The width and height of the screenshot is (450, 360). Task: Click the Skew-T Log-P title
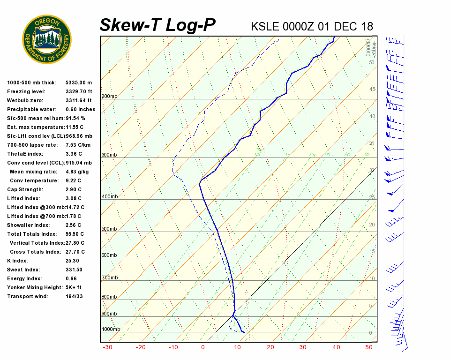157,25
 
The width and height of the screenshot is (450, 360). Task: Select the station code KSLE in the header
265,26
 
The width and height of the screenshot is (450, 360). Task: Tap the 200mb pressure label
110,97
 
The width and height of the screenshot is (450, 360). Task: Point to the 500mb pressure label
110,229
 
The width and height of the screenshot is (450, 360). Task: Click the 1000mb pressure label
111,330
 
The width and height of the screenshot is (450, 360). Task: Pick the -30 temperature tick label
107,347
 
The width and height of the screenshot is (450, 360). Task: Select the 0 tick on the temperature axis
203,347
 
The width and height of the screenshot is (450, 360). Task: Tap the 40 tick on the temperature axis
336,347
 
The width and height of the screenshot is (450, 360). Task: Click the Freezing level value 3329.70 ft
79,92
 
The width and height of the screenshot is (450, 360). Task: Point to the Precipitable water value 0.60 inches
80,110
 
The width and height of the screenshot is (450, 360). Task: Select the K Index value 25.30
72,261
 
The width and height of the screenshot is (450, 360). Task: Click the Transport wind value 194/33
74,297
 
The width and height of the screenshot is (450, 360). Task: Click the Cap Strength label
25,190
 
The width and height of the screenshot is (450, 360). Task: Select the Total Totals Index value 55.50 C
75,234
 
